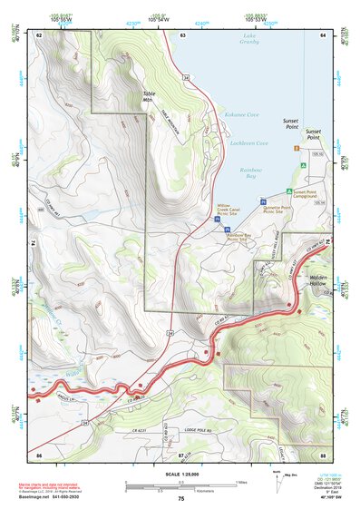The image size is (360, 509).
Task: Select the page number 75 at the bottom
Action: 180,499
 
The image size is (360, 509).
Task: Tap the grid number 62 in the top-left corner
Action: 39,34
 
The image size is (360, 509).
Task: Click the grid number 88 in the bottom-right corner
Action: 322,454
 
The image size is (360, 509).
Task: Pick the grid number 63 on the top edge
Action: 182,34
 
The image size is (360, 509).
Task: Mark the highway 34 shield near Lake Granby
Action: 185,79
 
